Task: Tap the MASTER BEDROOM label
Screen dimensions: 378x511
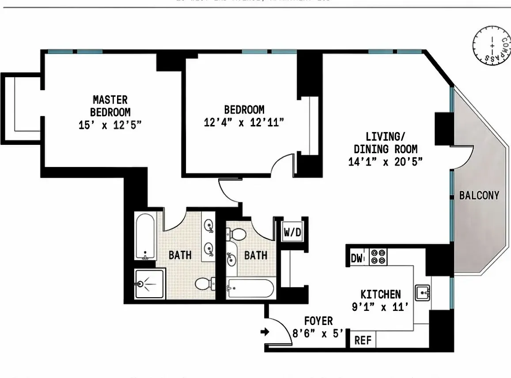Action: tap(110, 106)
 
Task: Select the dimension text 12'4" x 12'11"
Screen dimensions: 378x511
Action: tap(243, 122)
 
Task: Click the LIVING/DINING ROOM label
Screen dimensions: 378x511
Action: tap(385, 143)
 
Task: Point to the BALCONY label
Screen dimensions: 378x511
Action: tap(479, 195)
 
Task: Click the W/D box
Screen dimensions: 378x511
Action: tap(292, 233)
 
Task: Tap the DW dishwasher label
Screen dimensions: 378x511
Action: tap(356, 258)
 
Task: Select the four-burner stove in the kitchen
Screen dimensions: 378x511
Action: tap(378, 257)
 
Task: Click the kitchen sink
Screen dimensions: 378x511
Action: tap(423, 292)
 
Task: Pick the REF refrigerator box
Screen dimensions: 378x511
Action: tap(363, 340)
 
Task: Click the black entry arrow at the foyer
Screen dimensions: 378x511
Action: tap(265, 332)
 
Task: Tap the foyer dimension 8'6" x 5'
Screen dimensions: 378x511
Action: tap(318, 333)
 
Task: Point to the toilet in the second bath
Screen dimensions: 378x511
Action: tap(237, 234)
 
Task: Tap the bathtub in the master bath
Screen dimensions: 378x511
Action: tap(145, 237)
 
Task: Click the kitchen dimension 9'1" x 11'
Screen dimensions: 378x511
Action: tap(380, 307)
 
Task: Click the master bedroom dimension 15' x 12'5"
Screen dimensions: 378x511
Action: tap(110, 125)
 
